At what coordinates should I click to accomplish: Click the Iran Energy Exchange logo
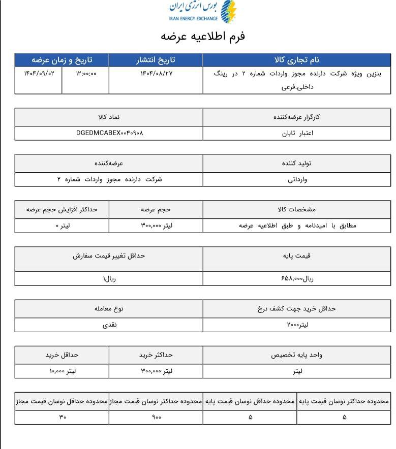pyautogui.click(x=203, y=12)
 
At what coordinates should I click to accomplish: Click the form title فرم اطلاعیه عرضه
pyautogui.click(x=203, y=37)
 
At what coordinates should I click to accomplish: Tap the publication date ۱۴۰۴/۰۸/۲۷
pyautogui.click(x=158, y=73)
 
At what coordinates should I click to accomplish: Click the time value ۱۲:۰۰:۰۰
pyautogui.click(x=86, y=73)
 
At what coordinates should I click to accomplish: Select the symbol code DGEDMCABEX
pyautogui.click(x=109, y=133)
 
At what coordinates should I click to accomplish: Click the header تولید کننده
pyautogui.click(x=296, y=164)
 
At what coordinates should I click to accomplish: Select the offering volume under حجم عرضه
pyautogui.click(x=156, y=226)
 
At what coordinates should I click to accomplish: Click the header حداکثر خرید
pyautogui.click(x=156, y=355)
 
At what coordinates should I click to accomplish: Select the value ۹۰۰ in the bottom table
pyautogui.click(x=156, y=418)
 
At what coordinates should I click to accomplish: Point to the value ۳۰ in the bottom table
pyautogui.click(x=63, y=418)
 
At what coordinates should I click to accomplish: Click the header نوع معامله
pyautogui.click(x=109, y=308)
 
